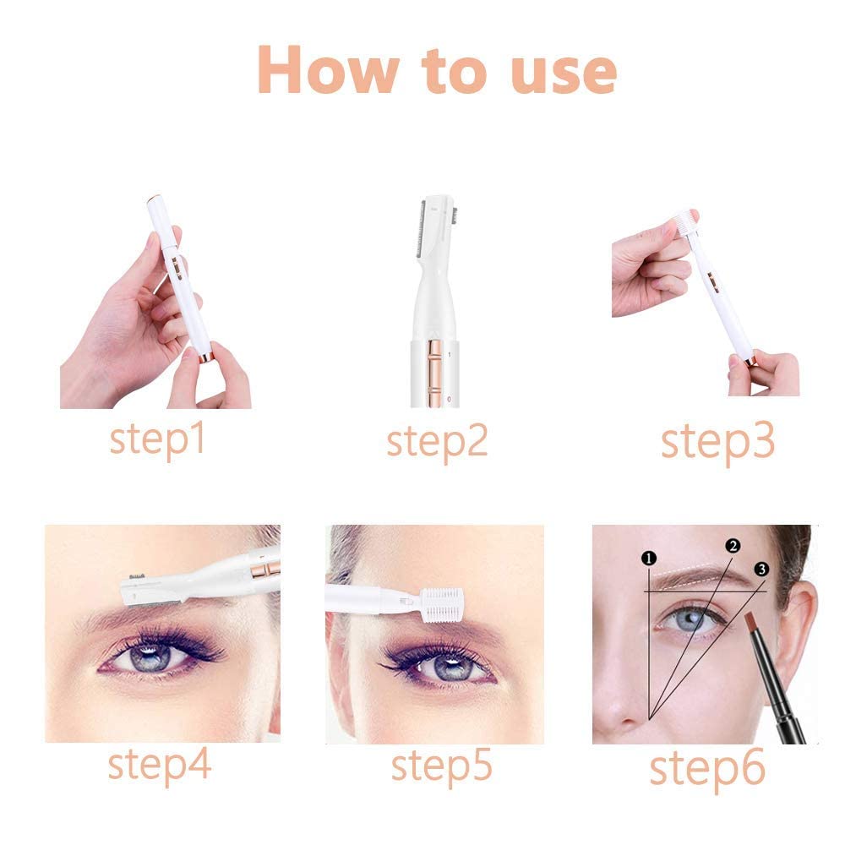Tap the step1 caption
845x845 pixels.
158,439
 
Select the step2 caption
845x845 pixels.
437,441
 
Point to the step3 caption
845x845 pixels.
717,441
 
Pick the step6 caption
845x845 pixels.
706,767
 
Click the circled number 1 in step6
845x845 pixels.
648,558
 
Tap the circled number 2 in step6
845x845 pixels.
733,546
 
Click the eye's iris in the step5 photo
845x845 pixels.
443,664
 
